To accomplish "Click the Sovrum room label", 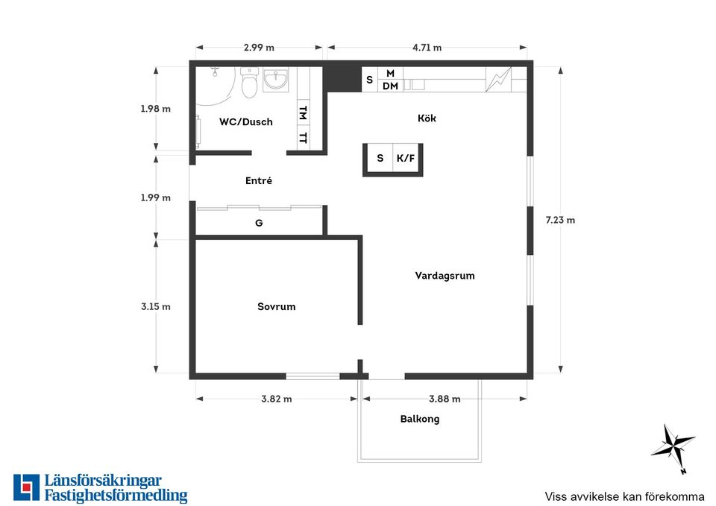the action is tap(276, 306).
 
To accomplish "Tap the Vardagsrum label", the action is tap(445, 276).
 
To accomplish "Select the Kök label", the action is tap(427, 118).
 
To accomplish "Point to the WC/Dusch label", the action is tap(245, 121).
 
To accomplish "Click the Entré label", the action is tap(259, 180).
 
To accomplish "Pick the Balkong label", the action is tap(420, 419).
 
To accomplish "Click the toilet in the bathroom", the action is tap(249, 83).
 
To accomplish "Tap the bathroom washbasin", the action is tap(276, 80).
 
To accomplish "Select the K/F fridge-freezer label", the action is tap(406, 158).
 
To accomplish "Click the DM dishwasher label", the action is tap(390, 86).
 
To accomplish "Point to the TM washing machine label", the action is tap(303, 113).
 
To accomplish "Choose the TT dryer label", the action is tap(303, 137).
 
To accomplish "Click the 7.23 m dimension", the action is tap(560, 220).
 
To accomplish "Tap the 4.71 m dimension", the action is tap(427, 48).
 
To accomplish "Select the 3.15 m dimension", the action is tap(156, 306).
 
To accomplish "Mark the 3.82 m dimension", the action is tap(276, 399).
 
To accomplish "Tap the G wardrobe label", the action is tap(259, 223).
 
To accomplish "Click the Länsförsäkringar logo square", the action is tap(27, 488).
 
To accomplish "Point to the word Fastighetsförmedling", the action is tap(116, 496).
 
